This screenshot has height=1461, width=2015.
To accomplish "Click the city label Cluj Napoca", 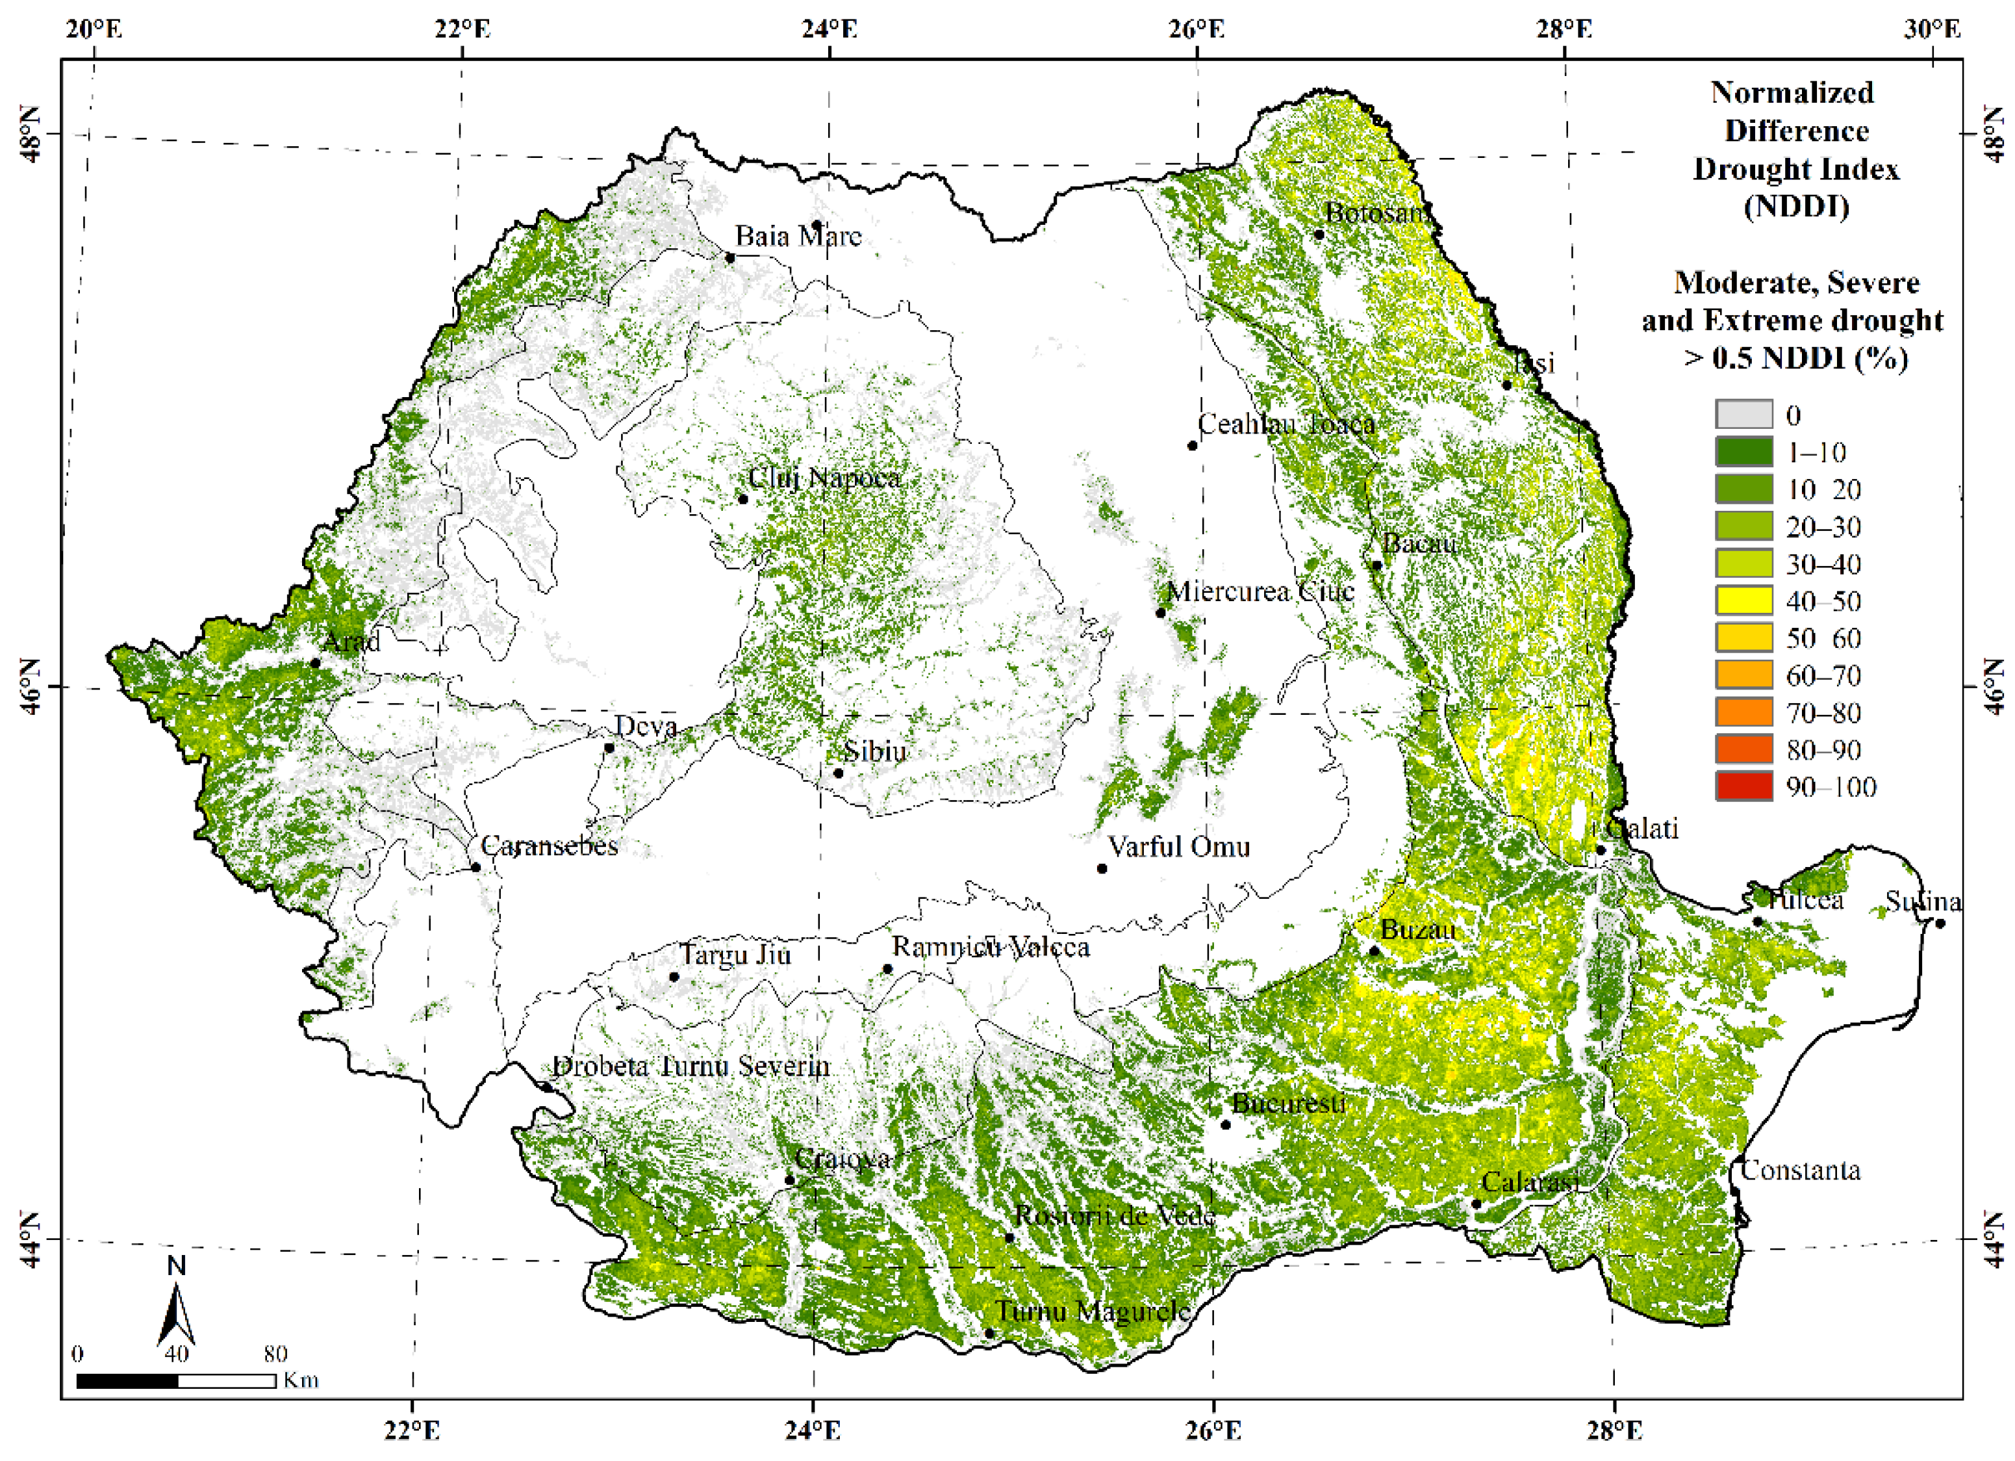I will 824,478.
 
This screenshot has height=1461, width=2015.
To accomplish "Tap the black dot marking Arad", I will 316,663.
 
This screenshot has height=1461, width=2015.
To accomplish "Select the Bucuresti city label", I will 1288,1104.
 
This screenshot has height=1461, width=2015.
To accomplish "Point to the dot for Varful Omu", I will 1102,868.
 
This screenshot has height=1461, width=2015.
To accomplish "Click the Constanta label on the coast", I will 1800,1170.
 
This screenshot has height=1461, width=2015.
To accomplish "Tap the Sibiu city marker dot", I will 838,773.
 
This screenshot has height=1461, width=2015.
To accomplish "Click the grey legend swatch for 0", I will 1743,415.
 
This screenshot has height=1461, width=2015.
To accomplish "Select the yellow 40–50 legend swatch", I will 1743,601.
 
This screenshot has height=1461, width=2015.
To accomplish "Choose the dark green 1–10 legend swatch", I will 1743,452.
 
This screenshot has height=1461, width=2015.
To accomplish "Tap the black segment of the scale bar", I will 127,1381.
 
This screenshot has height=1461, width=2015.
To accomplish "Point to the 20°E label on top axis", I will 94,29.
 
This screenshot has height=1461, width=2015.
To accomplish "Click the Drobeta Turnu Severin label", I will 691,1067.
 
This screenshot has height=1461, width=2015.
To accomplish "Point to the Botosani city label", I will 1377,213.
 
